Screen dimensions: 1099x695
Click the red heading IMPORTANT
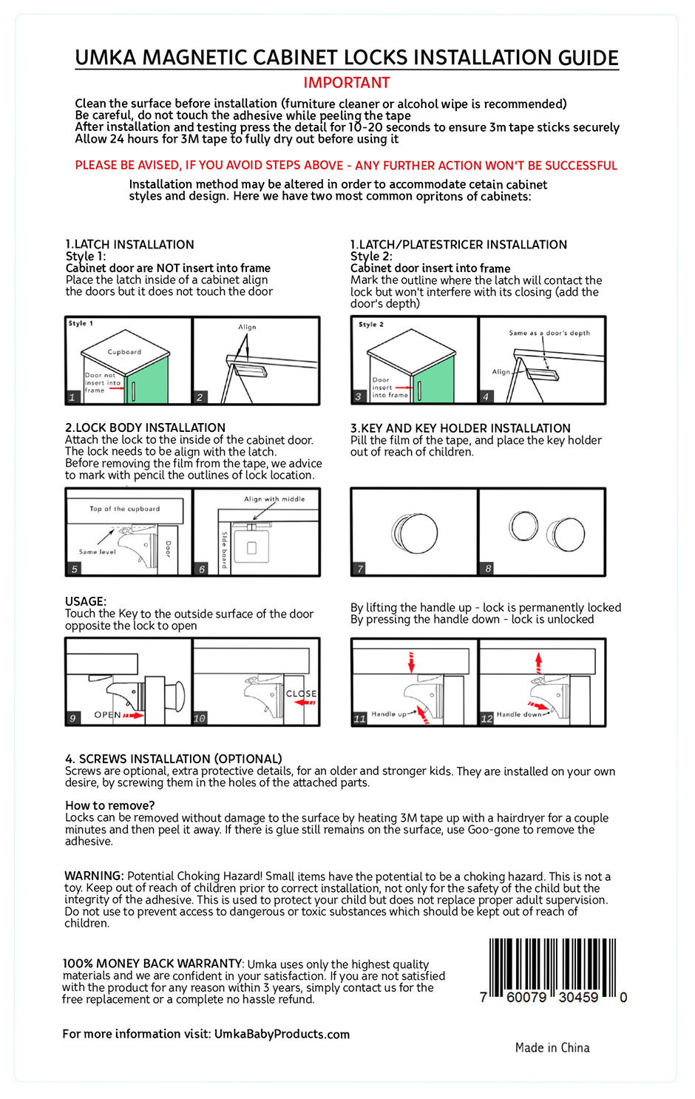tap(346, 83)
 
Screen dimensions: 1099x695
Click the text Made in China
tap(552, 1047)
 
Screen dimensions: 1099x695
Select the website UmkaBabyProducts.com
tap(282, 1034)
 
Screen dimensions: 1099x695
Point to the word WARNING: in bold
tap(94, 876)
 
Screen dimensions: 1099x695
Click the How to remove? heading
tap(110, 805)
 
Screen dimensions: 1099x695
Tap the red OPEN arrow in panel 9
tap(133, 715)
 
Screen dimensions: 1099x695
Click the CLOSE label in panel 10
tap(301, 694)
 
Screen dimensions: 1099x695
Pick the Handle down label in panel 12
tap(518, 714)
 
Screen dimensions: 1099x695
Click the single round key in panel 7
tap(415, 532)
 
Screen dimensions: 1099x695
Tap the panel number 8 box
tap(488, 569)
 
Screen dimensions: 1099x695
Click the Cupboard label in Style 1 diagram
tap(124, 352)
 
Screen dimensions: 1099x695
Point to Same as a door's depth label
tap(549, 333)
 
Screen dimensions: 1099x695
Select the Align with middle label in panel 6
tap(274, 499)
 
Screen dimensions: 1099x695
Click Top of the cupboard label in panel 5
tap(124, 509)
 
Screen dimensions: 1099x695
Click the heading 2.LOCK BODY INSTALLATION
tap(145, 427)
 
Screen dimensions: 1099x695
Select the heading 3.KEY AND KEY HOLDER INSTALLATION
tap(460, 428)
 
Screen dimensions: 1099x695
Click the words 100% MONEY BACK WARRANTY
tap(152, 964)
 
